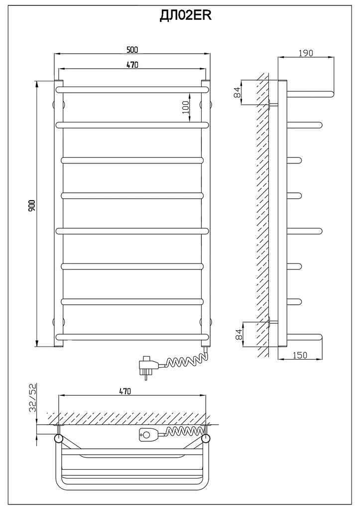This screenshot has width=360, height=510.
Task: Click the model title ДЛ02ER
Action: pyautogui.click(x=185, y=15)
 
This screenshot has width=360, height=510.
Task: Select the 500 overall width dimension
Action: pyautogui.click(x=132, y=49)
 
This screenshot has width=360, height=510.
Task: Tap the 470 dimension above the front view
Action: pyautogui.click(x=132, y=65)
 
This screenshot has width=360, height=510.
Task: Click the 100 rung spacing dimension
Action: pyautogui.click(x=186, y=107)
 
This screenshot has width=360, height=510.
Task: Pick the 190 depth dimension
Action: pyautogui.click(x=306, y=53)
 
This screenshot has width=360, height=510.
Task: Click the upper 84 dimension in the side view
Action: pyautogui.click(x=238, y=92)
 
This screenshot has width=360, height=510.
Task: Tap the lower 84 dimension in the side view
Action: pyautogui.click(x=239, y=334)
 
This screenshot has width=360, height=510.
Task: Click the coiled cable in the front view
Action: pyautogui.click(x=186, y=360)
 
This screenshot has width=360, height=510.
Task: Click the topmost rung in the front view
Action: pyautogui.click(x=132, y=89)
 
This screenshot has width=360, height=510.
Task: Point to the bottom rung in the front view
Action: pyautogui.click(x=132, y=336)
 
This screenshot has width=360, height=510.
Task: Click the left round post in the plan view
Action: pyautogui.click(x=59, y=438)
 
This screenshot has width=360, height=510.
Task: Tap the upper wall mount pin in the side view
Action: pyautogui.click(x=273, y=105)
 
